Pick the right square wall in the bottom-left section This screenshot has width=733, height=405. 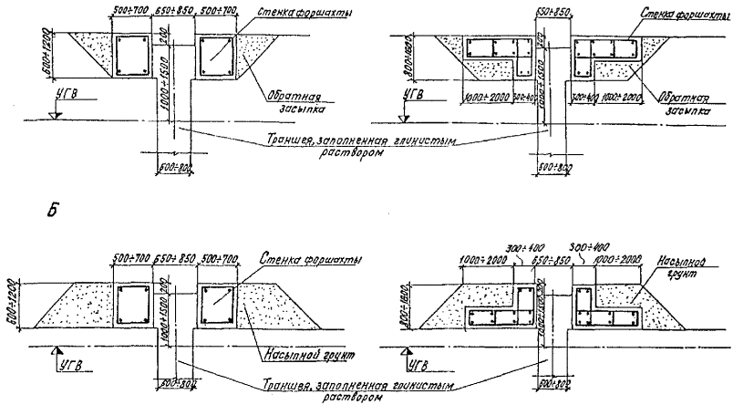[217, 302]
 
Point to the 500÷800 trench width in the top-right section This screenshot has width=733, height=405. [547, 169]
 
